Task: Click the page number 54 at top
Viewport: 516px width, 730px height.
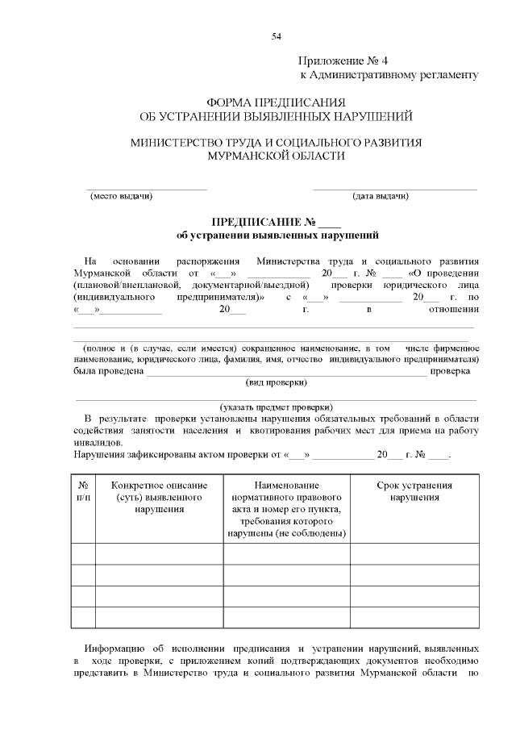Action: (276, 36)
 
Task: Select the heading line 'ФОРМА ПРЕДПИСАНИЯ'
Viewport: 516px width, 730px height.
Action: (276, 103)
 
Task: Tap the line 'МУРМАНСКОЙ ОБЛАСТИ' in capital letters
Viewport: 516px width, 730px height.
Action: (276, 156)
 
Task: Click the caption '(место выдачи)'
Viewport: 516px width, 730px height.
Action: (121, 196)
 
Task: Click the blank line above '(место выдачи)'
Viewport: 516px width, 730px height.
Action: (147, 188)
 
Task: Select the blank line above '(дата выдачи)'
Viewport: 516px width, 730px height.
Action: (394, 188)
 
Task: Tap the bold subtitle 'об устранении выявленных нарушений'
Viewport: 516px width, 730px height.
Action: (277, 236)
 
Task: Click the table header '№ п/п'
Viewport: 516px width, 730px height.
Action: (83, 491)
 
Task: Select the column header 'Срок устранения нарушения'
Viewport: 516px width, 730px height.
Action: (414, 491)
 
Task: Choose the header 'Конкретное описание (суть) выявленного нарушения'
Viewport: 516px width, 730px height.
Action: (159, 497)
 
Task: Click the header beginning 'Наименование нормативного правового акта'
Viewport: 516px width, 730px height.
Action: (286, 509)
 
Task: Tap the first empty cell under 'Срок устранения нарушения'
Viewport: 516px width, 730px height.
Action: (414, 554)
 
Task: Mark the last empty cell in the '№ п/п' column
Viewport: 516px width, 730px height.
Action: (83, 617)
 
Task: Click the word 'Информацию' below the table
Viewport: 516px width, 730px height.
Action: (114, 649)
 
